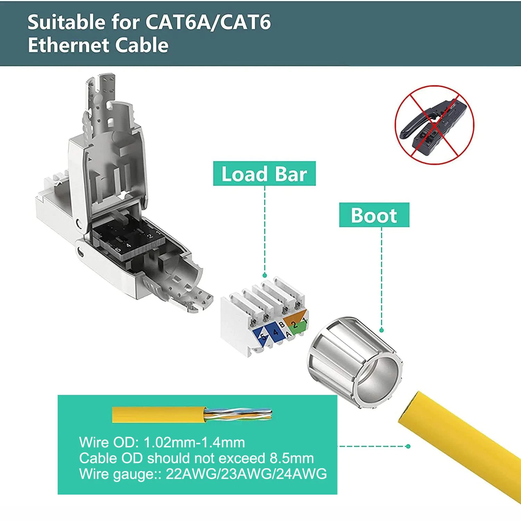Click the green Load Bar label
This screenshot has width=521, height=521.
click(x=264, y=174)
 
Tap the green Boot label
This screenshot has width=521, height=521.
click(x=374, y=215)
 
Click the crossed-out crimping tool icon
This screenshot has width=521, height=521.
click(x=435, y=125)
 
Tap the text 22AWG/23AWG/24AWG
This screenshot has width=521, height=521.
click(x=246, y=474)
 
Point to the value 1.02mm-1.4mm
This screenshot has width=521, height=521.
click(x=194, y=443)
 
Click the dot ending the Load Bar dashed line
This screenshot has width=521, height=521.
click(x=265, y=275)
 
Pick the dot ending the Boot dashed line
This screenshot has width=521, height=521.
click(x=381, y=330)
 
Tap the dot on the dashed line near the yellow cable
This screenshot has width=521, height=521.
click(x=408, y=446)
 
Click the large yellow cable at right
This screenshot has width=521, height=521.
click(x=462, y=448)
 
